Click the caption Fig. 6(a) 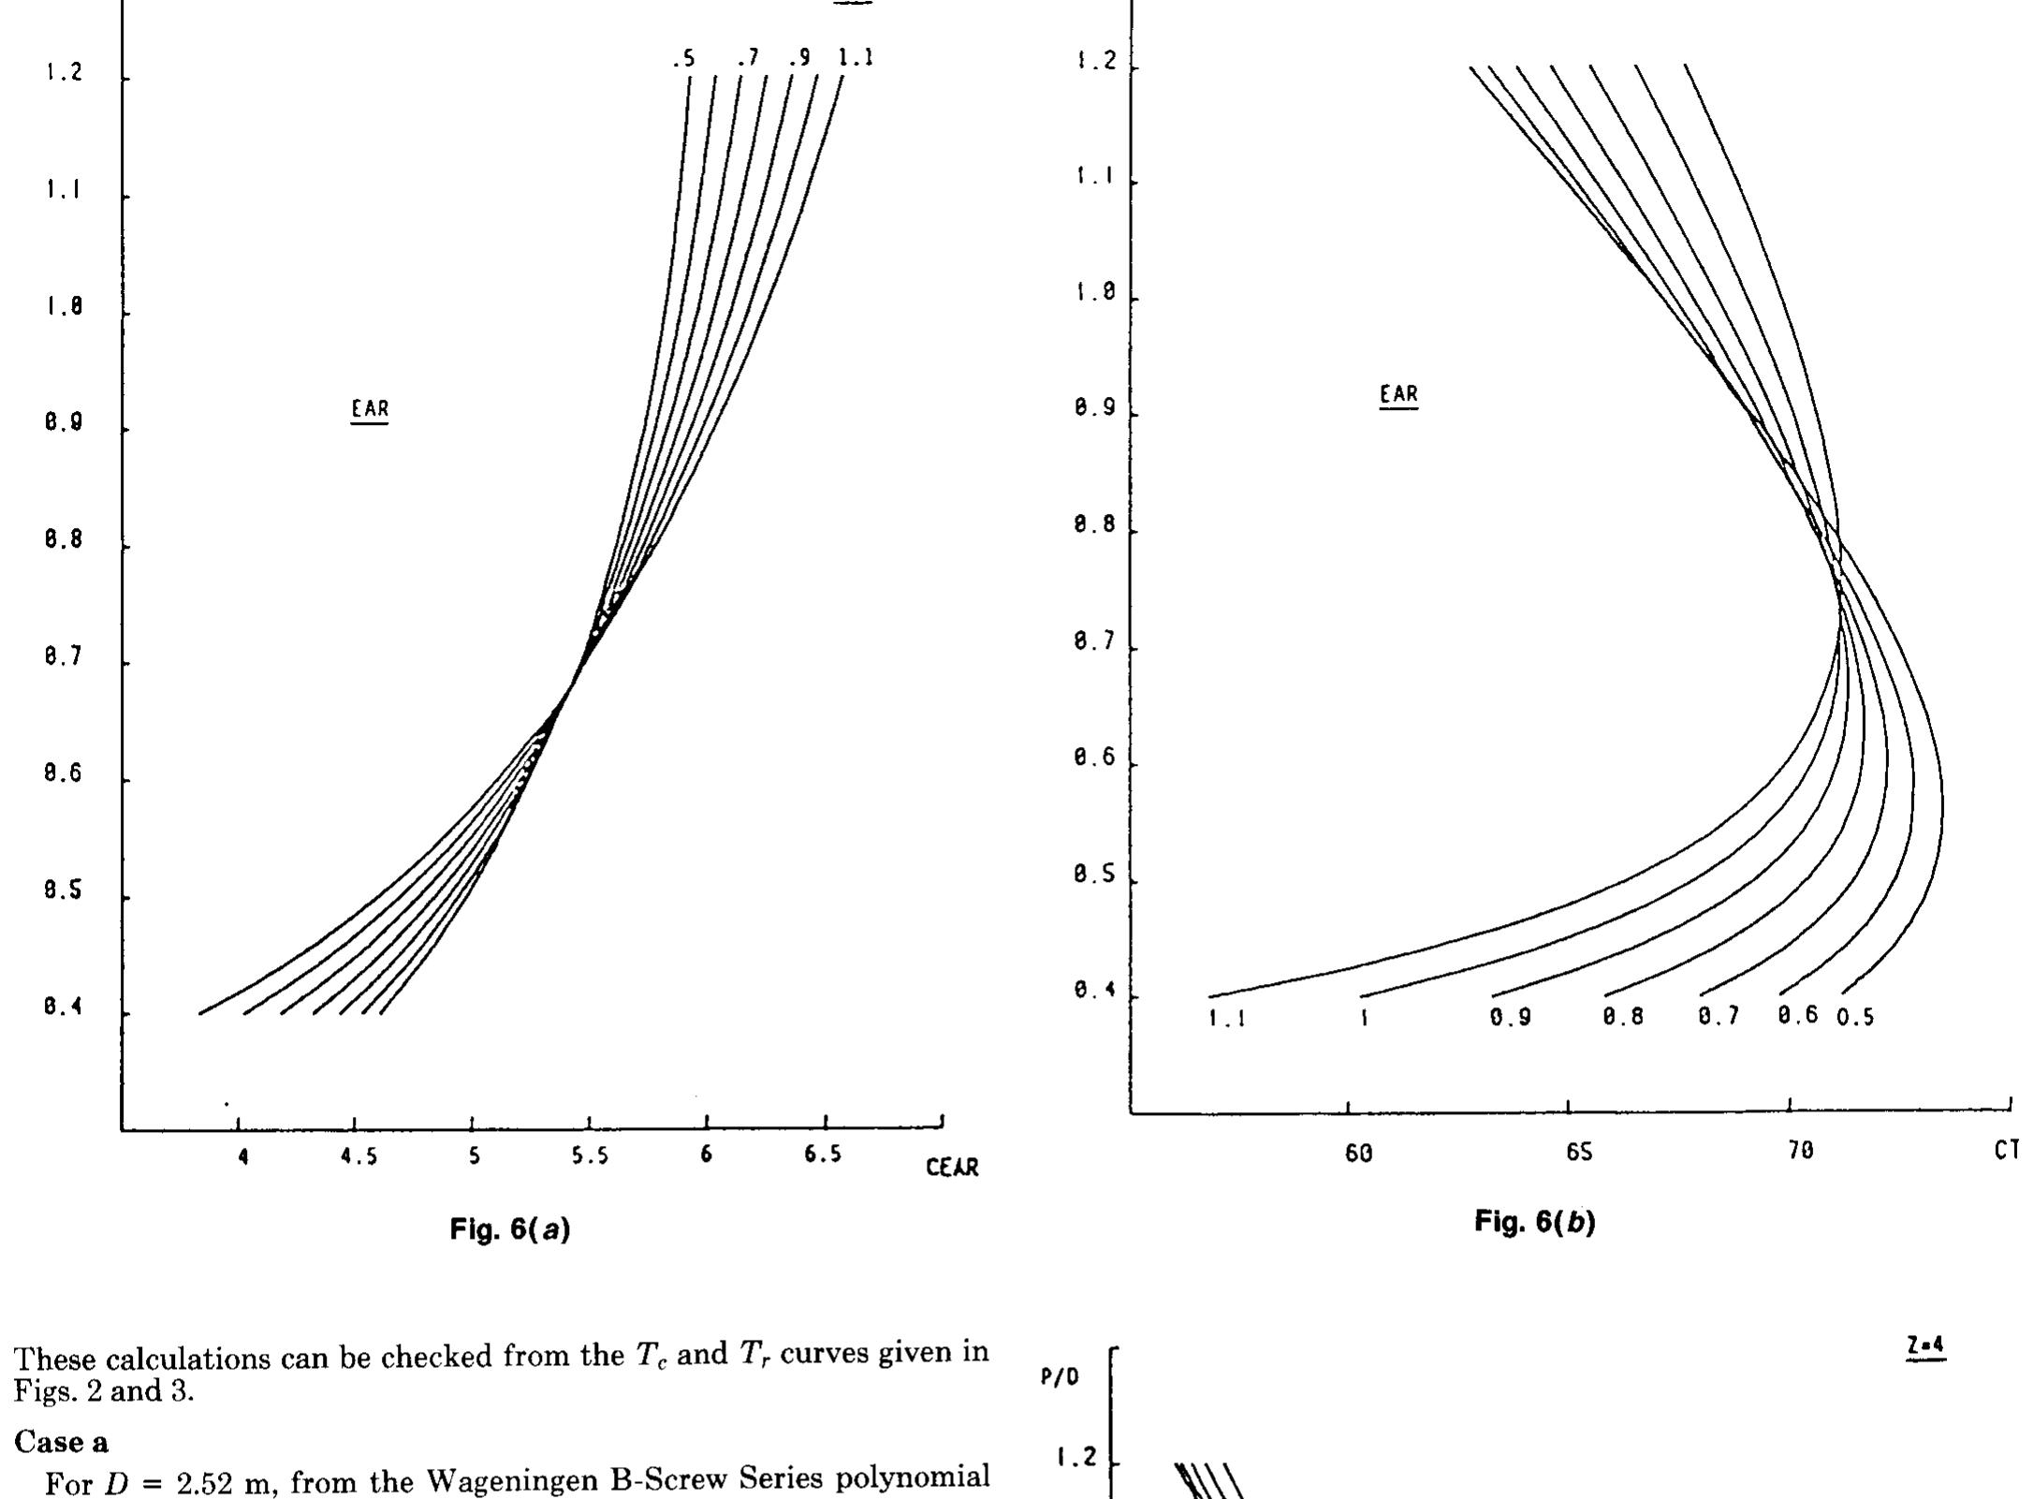point(510,1228)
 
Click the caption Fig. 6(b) point(1534,1221)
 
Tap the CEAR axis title point(952,1168)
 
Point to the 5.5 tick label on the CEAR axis point(590,1156)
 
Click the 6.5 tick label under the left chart point(822,1155)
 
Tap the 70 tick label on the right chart point(1799,1153)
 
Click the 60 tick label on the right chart point(1358,1154)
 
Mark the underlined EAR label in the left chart point(370,409)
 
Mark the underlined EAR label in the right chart point(1398,395)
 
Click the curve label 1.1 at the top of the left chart point(855,58)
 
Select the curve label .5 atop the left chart point(683,59)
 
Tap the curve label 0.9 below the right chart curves point(1511,1018)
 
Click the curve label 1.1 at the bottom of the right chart point(1226,1020)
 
